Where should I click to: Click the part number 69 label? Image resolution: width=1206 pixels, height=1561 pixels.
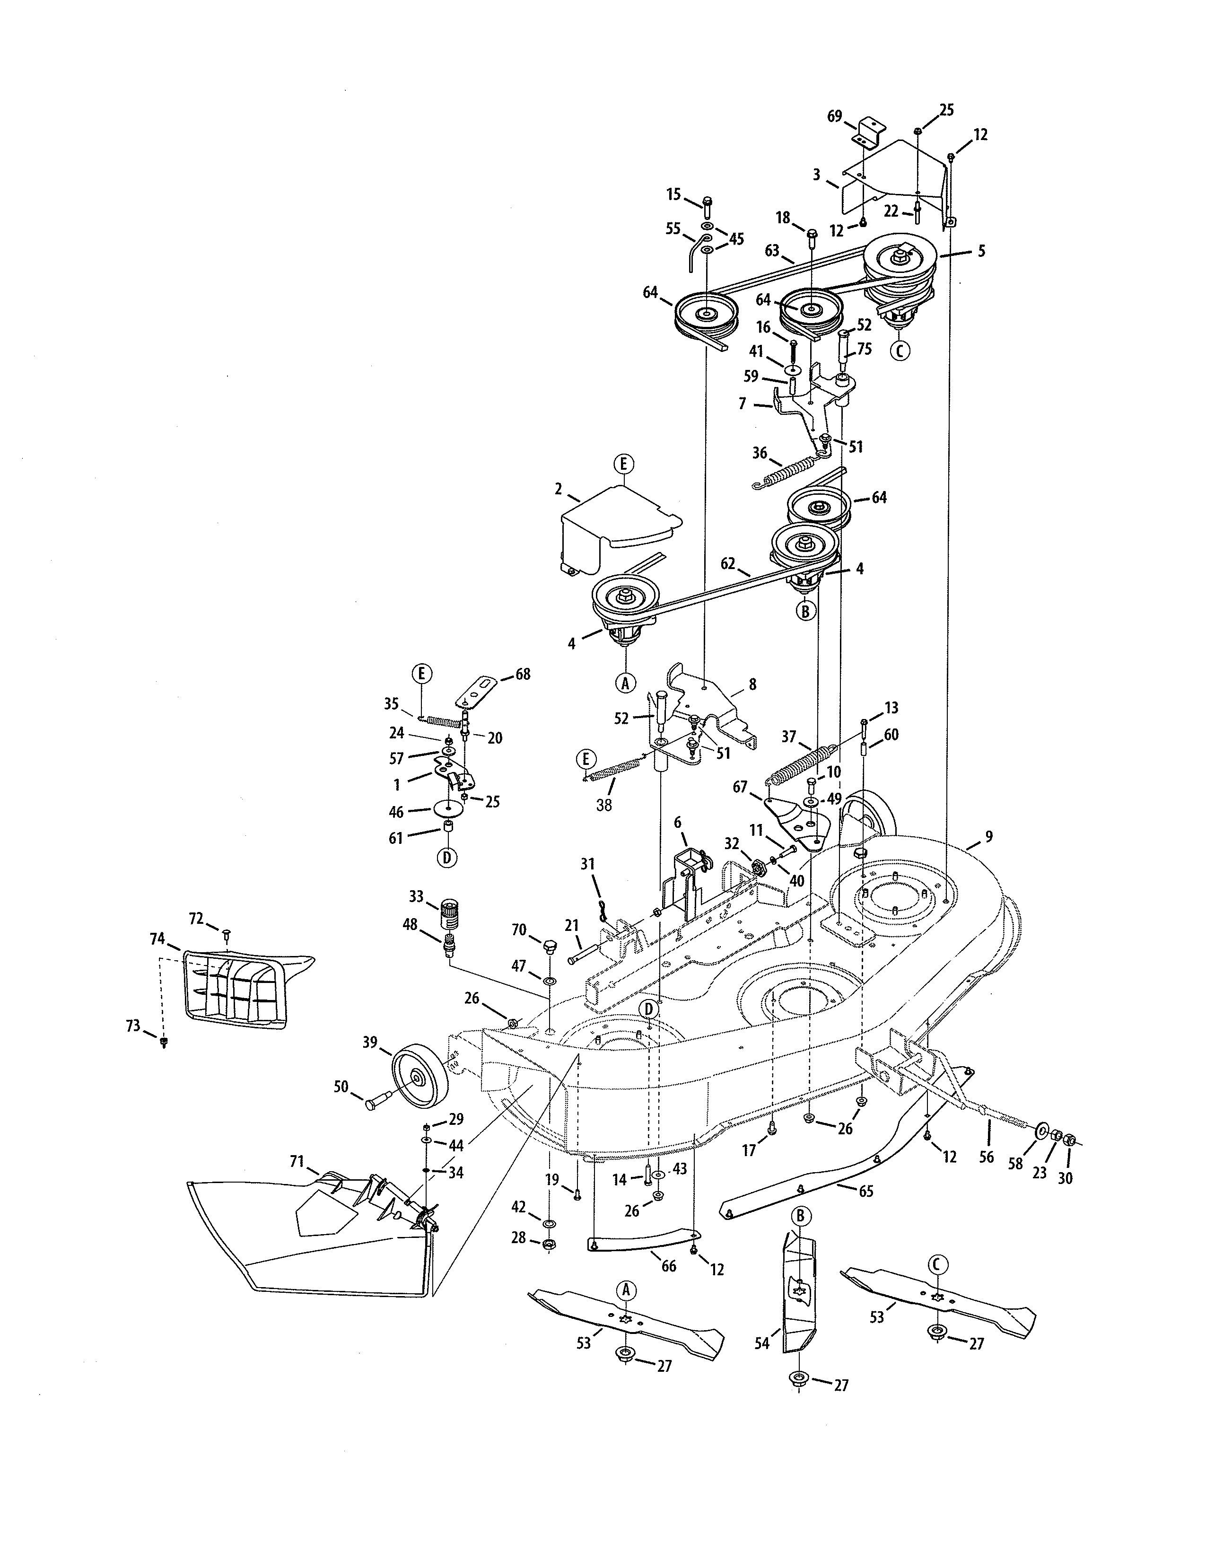tap(834, 116)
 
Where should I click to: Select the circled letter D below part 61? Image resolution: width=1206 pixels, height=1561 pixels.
tap(446, 857)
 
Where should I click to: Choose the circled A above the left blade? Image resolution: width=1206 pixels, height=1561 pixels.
tap(626, 1290)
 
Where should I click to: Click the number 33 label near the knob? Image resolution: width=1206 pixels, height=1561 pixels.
tap(416, 896)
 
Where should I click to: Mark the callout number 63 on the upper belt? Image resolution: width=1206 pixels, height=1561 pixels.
tap(772, 251)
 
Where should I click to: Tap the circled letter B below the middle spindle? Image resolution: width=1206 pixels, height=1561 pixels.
tap(806, 612)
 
